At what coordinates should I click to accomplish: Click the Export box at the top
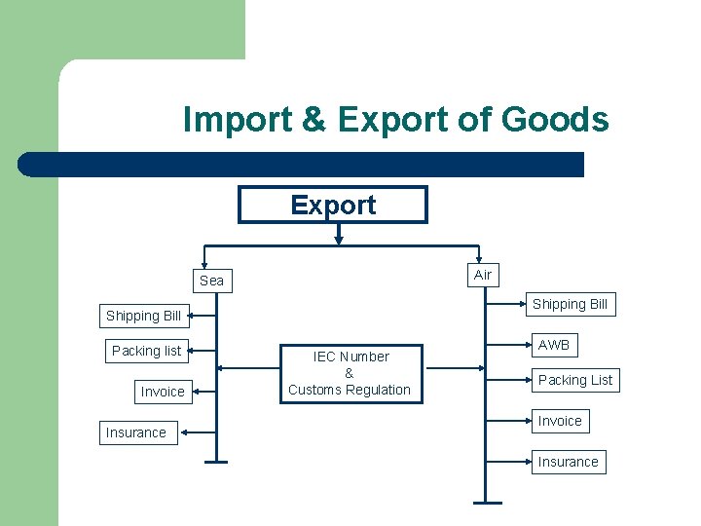[333, 205]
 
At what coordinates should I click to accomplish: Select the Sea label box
[211, 281]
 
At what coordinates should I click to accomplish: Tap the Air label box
[482, 275]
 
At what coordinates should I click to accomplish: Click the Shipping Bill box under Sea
[143, 316]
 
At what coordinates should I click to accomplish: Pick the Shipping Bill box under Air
[570, 304]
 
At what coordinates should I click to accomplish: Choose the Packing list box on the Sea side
[146, 351]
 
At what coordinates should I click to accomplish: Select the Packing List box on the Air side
[575, 380]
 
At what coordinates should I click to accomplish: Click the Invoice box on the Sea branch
[162, 392]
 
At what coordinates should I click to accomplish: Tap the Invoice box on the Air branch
[560, 421]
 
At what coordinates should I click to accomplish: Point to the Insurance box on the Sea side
[135, 432]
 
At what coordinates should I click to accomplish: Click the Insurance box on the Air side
[568, 462]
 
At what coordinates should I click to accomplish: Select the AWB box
[553, 345]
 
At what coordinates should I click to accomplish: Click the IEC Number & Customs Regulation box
[350, 373]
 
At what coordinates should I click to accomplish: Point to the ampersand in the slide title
[314, 120]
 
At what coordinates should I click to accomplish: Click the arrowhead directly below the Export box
[338, 237]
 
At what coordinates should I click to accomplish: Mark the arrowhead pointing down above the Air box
[478, 255]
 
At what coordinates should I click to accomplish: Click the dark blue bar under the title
[301, 164]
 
